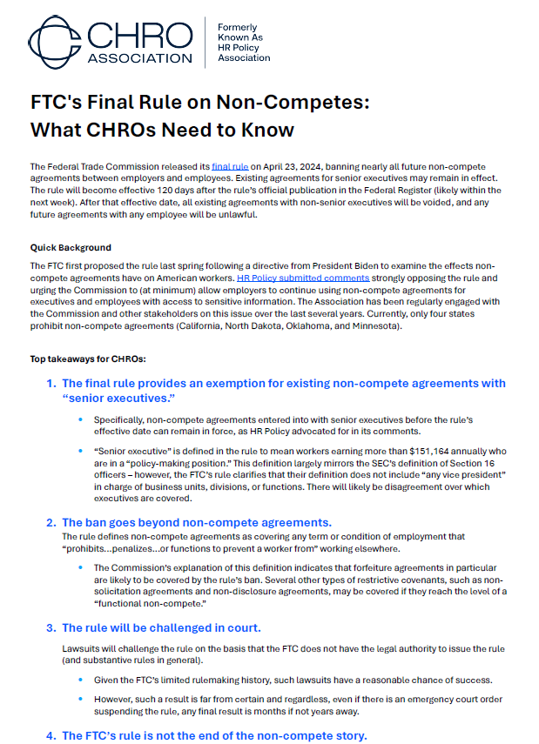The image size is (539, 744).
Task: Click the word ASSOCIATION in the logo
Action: click(139, 58)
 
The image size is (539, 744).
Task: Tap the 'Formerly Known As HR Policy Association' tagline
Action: click(243, 43)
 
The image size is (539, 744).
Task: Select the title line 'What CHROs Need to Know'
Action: click(162, 131)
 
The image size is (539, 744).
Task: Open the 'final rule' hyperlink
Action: click(230, 166)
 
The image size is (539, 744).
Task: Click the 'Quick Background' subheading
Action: click(71, 247)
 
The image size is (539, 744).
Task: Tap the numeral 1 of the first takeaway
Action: click(51, 384)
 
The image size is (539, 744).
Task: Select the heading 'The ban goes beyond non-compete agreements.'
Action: click(197, 522)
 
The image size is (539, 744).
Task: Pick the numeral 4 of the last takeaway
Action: click(51, 736)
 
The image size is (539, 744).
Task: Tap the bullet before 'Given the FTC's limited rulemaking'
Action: click(80, 680)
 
